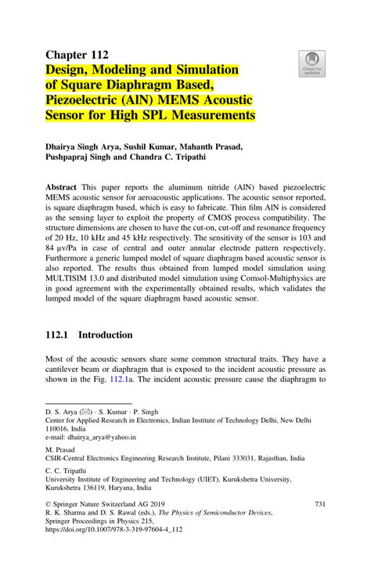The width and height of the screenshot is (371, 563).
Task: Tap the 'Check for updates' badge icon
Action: [x=312, y=63]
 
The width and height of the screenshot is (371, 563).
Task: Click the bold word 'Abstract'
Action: [x=60, y=189]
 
